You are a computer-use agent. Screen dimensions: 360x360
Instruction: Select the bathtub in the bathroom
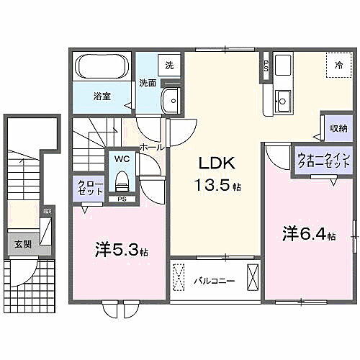(101, 70)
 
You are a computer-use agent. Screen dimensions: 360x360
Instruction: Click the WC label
(120, 159)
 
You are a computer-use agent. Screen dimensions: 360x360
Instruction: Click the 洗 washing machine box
(169, 65)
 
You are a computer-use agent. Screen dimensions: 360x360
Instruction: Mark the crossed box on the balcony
(252, 278)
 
